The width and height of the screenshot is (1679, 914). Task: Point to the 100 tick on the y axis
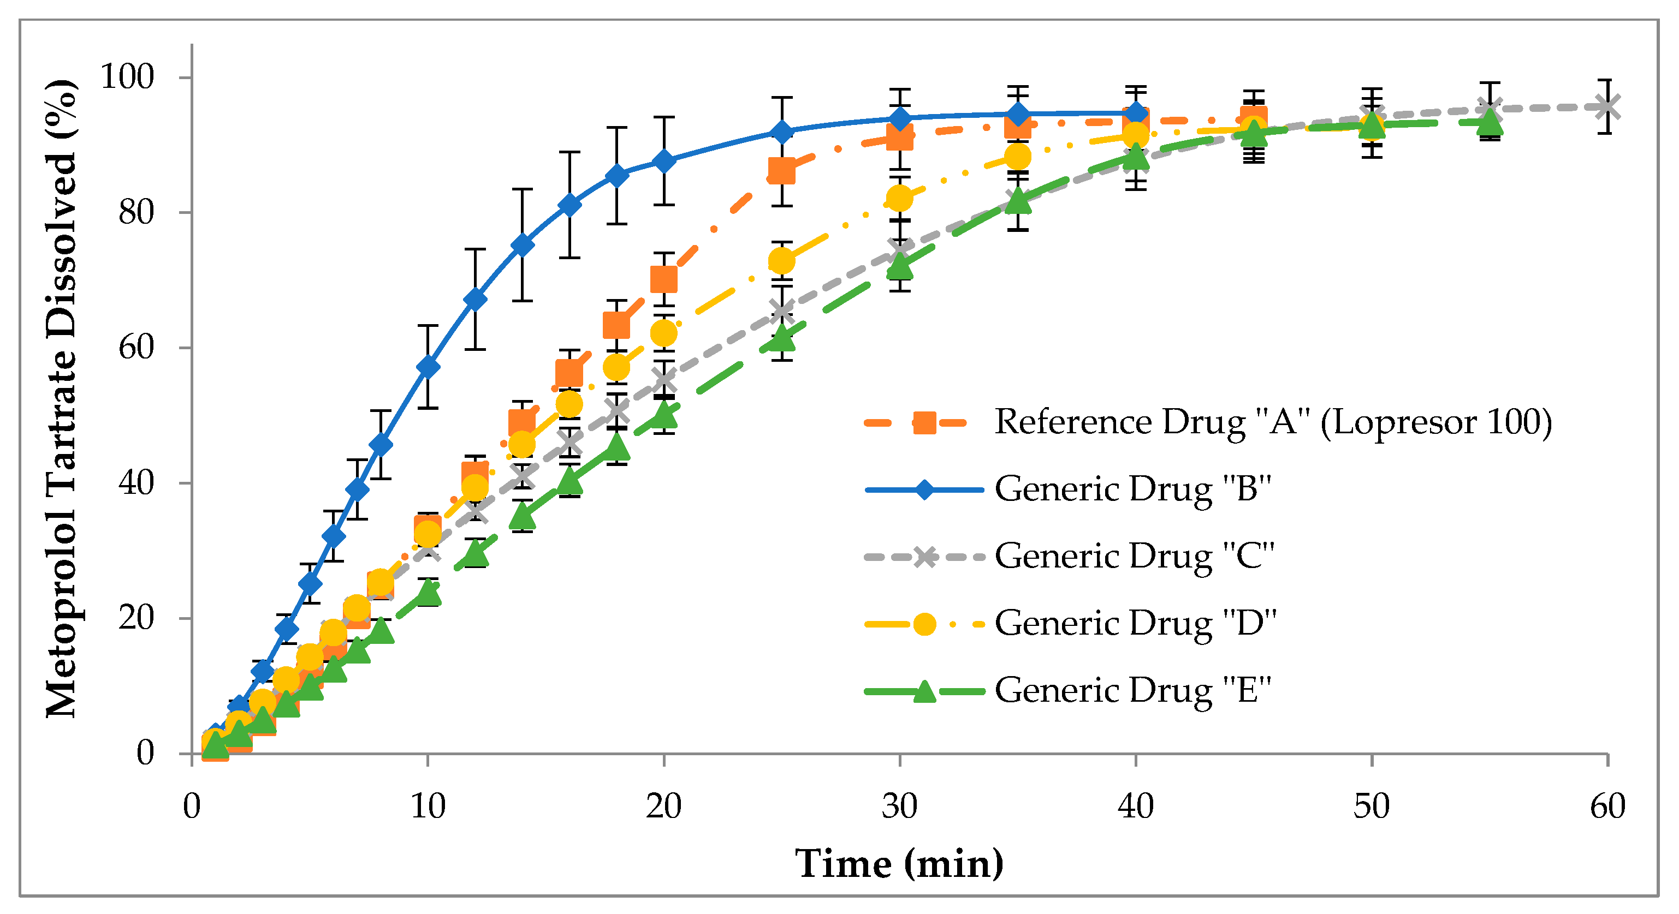pos(127,77)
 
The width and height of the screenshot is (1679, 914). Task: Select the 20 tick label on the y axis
pos(135,618)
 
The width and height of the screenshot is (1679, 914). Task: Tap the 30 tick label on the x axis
pos(899,807)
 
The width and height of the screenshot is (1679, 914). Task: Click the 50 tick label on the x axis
pos(1372,807)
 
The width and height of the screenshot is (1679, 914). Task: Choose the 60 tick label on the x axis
pos(1607,807)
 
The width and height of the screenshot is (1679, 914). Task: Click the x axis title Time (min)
pos(899,864)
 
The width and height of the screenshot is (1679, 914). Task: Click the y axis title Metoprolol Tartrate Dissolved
pos(62,399)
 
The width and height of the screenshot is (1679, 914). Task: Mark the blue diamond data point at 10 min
pos(428,367)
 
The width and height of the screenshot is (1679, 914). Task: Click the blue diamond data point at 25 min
pos(781,132)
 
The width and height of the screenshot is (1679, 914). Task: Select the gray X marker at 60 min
pos(1607,107)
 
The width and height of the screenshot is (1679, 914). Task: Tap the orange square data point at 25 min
pos(781,171)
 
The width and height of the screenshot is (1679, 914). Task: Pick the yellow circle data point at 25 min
pos(781,261)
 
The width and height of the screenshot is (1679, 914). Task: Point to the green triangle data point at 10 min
pos(428,592)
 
